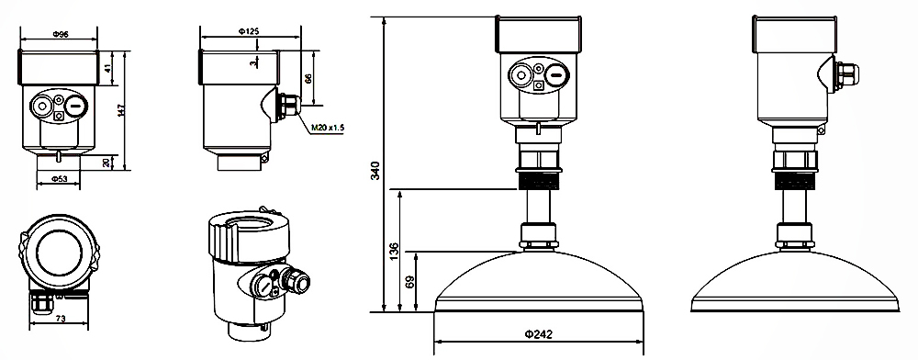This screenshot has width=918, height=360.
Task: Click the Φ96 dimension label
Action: pos(61,35)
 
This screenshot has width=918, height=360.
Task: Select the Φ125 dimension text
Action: pos(249,31)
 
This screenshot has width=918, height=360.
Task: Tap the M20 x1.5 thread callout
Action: pos(328,127)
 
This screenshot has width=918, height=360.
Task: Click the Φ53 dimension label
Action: pos(58,178)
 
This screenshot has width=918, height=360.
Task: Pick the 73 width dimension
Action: pos(59,318)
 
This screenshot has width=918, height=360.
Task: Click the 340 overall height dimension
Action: pos(376,170)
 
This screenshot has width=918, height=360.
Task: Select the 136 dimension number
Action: pos(394,251)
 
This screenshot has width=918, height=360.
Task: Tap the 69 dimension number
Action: pos(409,282)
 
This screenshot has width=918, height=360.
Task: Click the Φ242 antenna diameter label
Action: pos(538,334)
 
